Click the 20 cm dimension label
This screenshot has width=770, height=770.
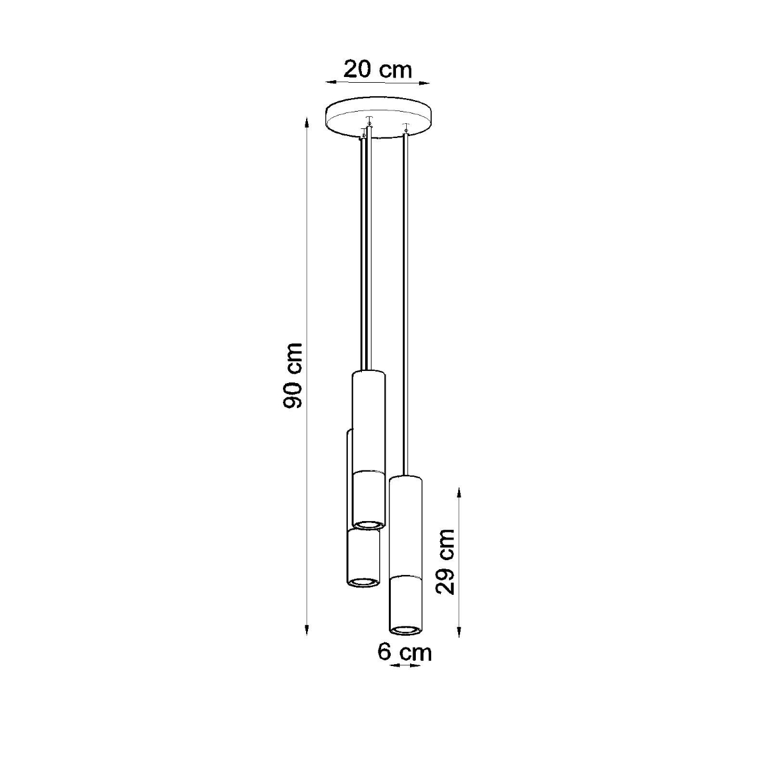(x=377, y=69)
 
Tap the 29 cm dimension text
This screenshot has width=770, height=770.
(x=445, y=561)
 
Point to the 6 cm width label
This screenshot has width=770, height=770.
(x=404, y=653)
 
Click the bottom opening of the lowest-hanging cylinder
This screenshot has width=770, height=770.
(x=405, y=627)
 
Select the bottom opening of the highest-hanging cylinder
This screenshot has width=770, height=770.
(x=368, y=524)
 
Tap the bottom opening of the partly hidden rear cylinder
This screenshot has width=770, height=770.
(x=363, y=582)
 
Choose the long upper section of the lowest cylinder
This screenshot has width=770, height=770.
(x=405, y=526)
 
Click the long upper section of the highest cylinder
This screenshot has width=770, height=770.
(x=368, y=420)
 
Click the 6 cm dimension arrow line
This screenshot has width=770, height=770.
(x=405, y=666)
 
